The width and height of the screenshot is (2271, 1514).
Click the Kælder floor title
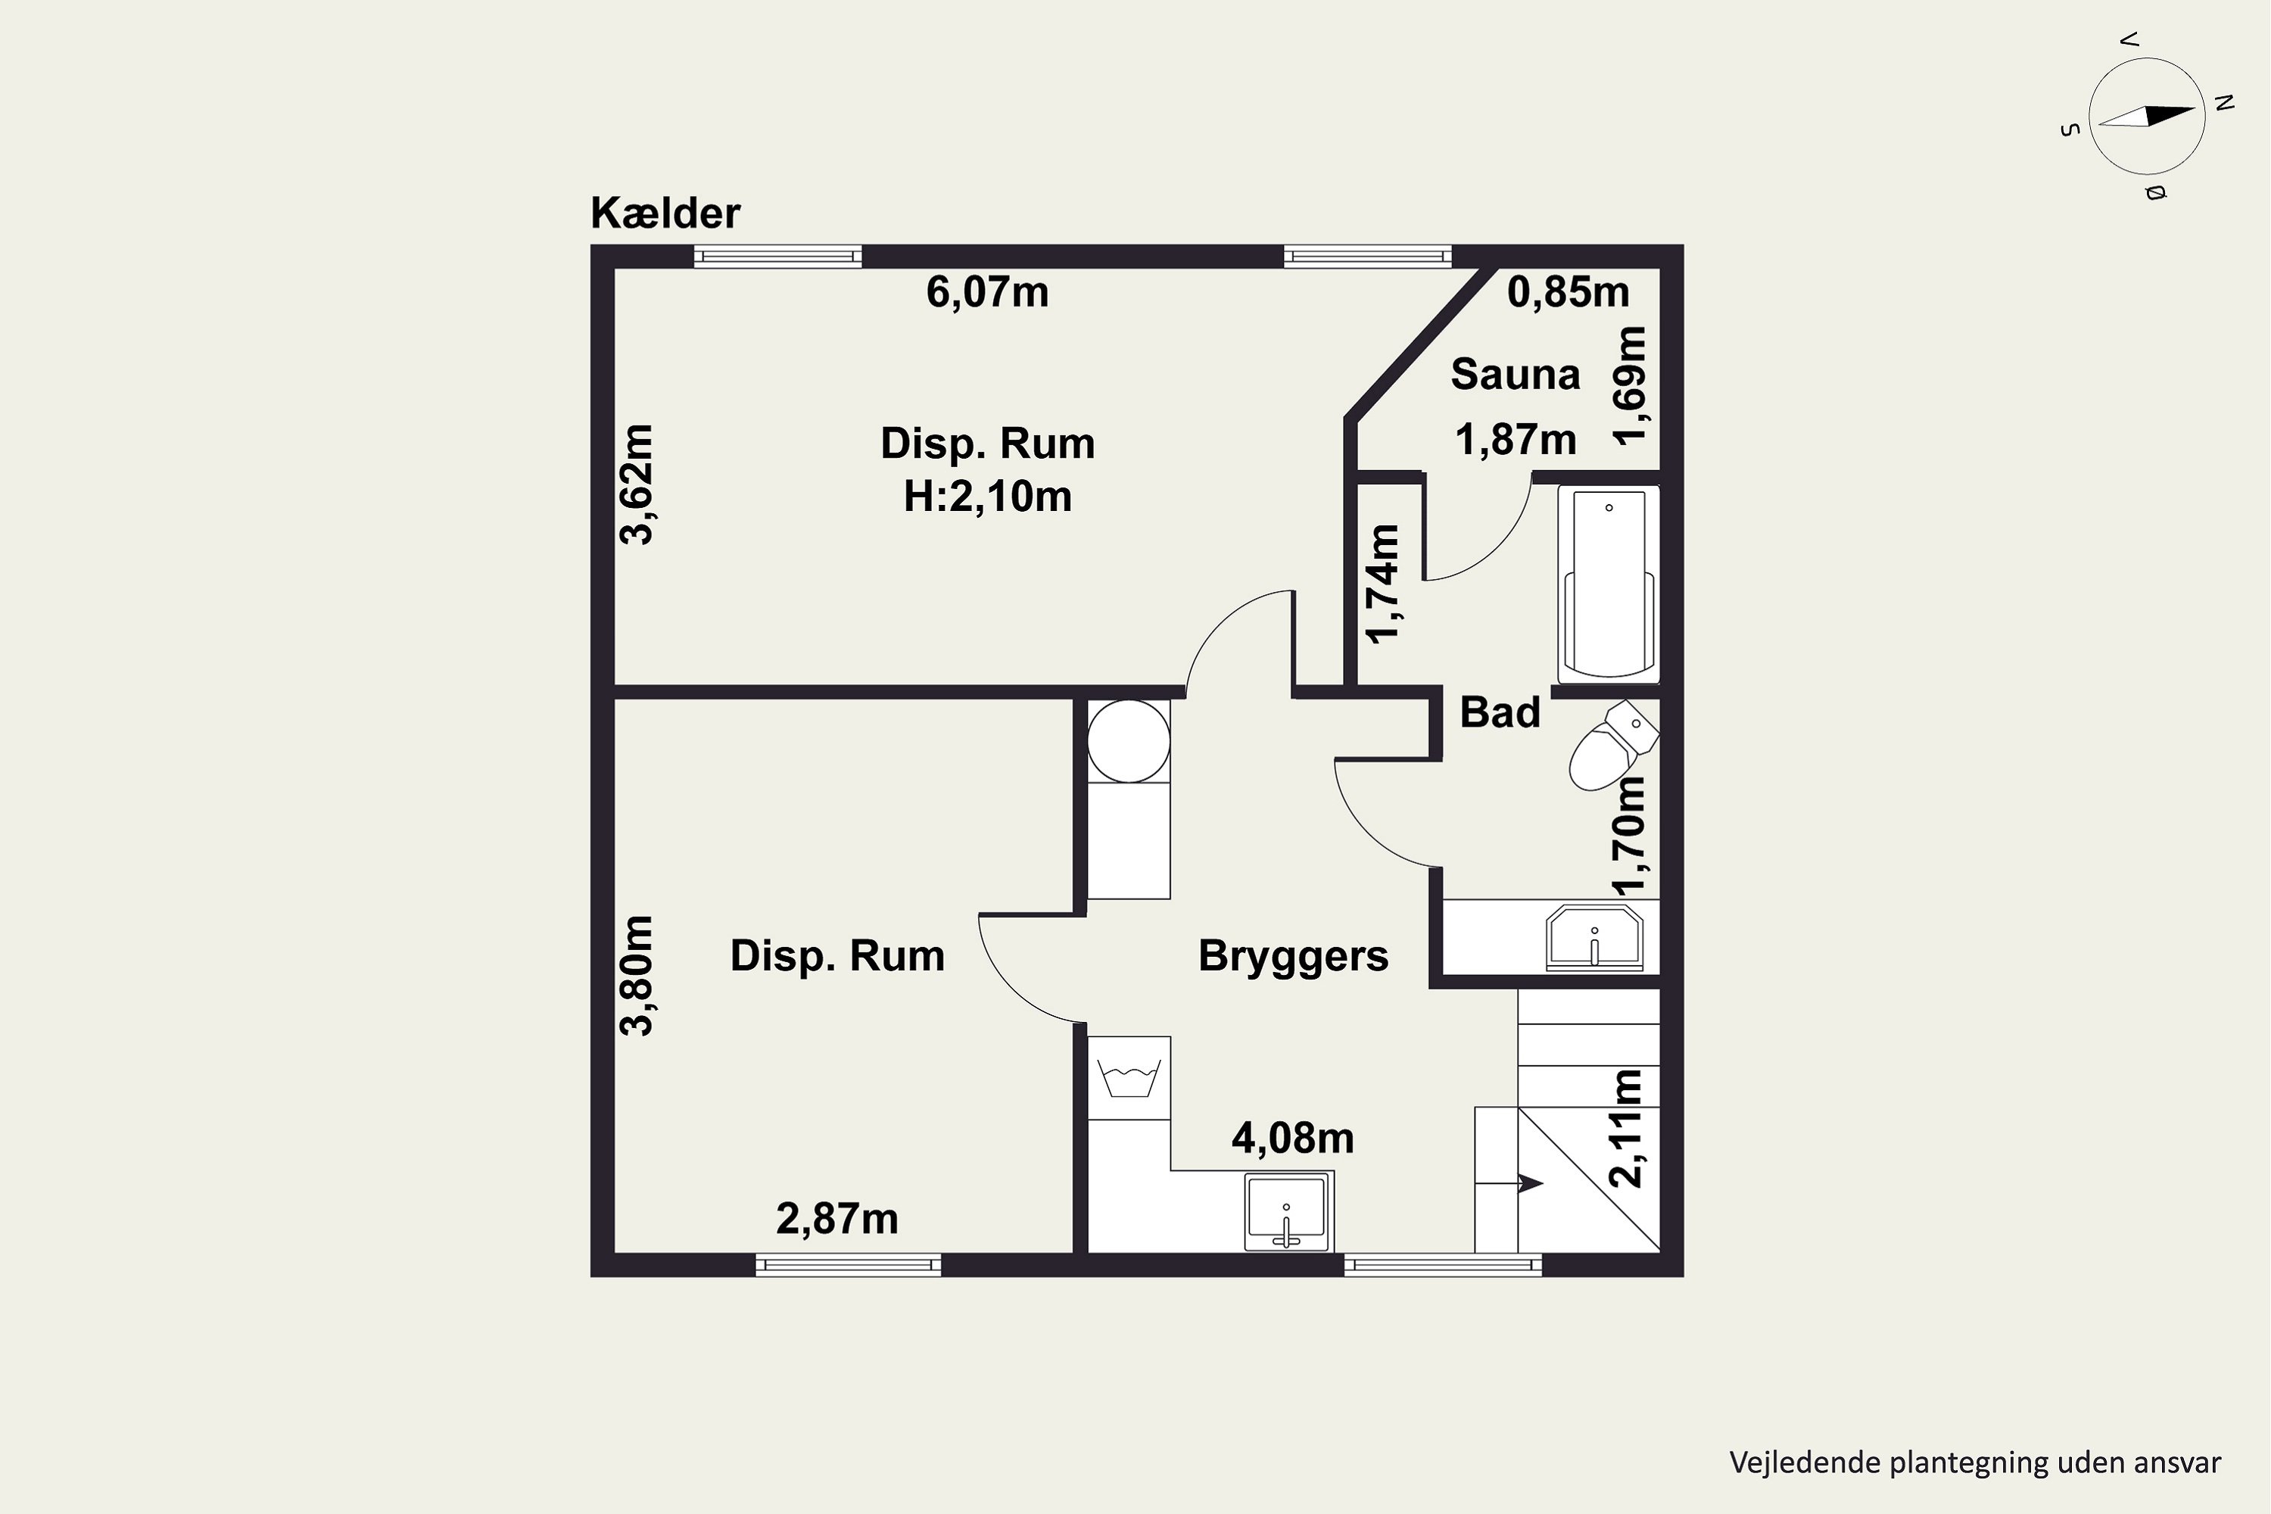(665, 213)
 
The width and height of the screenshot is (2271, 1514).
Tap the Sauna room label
(1515, 374)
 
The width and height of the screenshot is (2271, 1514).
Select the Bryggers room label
(1293, 956)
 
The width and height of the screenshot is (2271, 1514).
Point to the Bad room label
(1500, 712)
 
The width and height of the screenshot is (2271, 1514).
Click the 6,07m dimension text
(987, 291)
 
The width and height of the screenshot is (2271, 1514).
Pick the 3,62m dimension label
(637, 484)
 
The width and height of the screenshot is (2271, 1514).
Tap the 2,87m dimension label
(837, 1219)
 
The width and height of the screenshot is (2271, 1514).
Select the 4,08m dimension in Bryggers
(1292, 1139)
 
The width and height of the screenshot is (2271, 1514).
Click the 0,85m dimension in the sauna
(1568, 291)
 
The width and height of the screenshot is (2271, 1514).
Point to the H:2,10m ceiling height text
(987, 497)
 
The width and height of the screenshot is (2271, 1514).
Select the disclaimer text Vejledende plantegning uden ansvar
(1974, 1463)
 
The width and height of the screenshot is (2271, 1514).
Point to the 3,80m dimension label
(637, 977)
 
